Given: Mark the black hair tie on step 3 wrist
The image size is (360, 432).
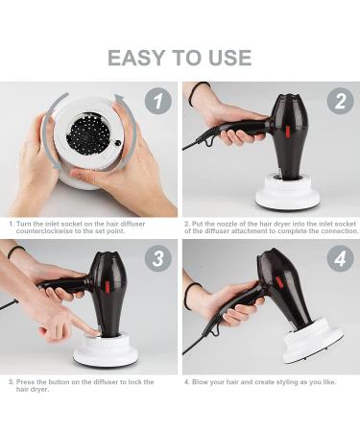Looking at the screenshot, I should point(15,252).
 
